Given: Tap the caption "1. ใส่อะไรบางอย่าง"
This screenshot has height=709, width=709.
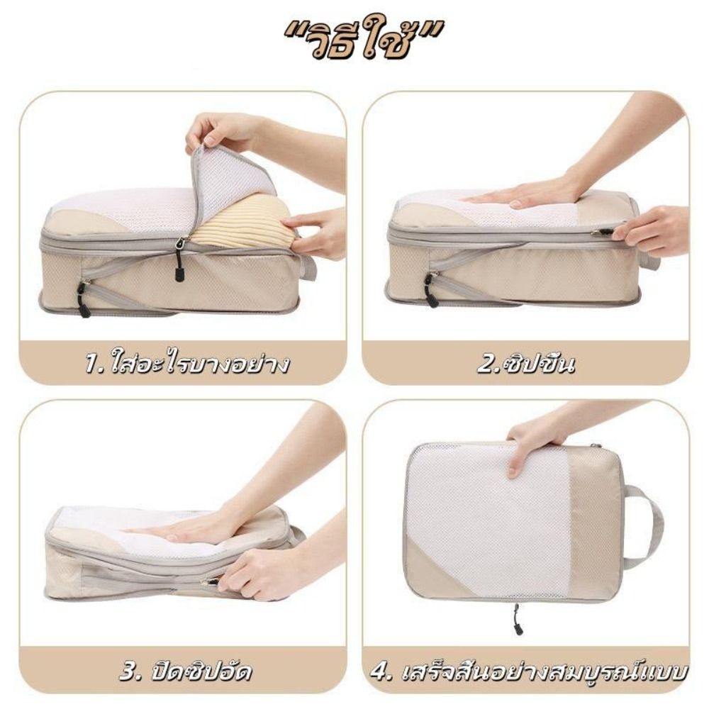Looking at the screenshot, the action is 186,363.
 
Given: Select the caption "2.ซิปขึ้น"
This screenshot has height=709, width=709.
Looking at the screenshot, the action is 526,364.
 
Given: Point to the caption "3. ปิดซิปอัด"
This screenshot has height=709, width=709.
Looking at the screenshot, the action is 186,671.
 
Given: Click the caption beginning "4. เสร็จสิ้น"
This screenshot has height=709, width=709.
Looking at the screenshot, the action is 529,671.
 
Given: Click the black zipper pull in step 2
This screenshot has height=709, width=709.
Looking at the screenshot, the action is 429,290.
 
